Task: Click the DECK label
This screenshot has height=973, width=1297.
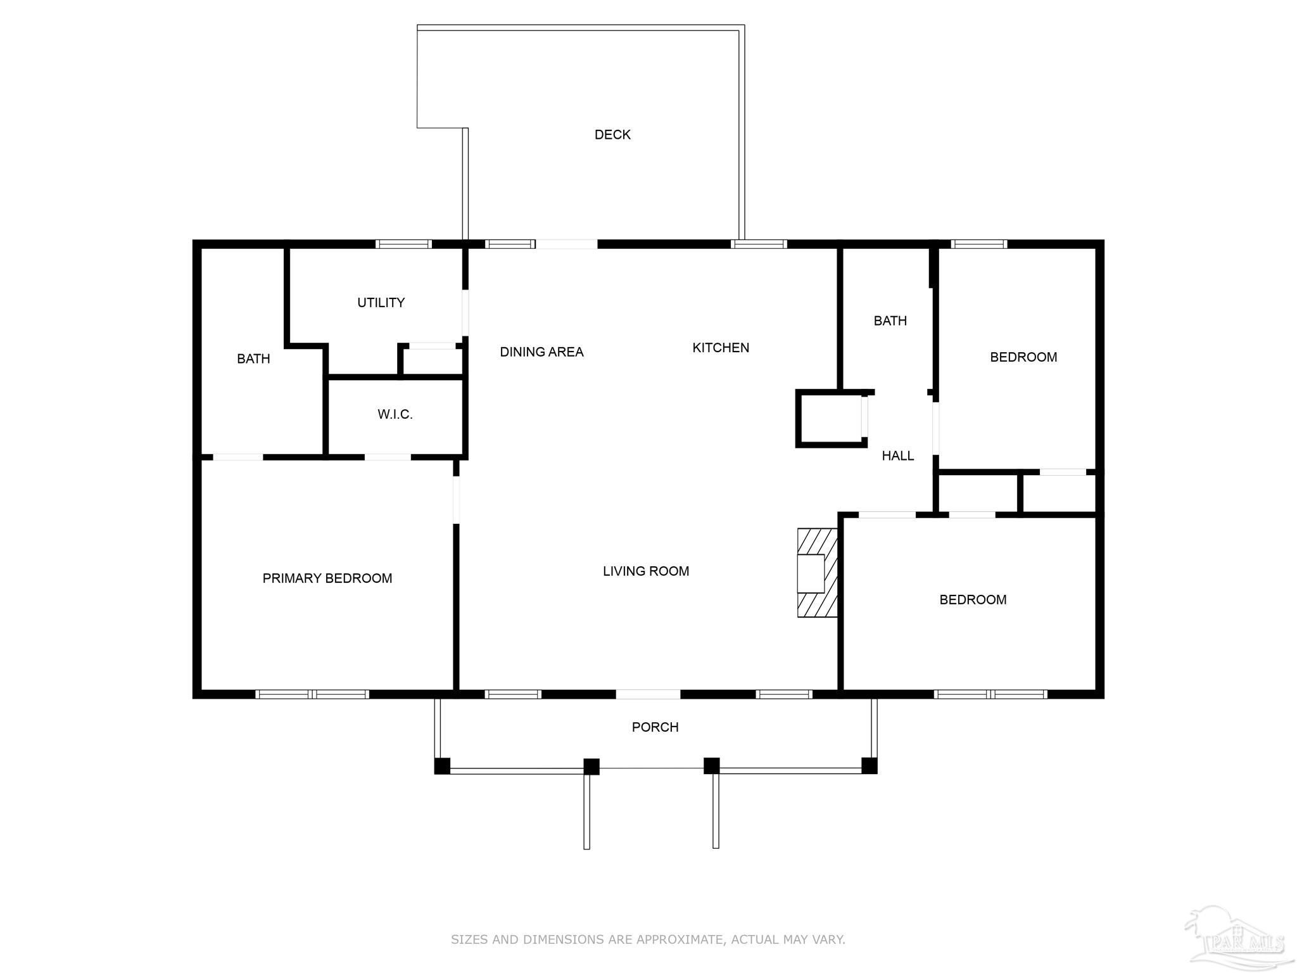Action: [x=612, y=134]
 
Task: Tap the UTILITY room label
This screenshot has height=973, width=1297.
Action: [x=381, y=303]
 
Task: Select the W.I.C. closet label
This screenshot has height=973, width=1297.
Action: [x=395, y=414]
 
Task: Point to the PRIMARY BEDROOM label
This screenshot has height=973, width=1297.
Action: [x=327, y=578]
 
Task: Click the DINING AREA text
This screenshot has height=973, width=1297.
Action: [x=541, y=352]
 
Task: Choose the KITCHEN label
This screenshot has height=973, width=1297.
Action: [x=721, y=348]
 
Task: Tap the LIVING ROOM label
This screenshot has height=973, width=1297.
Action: [x=646, y=571]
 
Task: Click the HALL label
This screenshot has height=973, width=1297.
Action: [x=898, y=455]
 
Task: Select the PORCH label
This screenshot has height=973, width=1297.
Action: [x=655, y=727]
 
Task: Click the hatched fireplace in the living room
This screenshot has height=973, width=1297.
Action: [x=818, y=573]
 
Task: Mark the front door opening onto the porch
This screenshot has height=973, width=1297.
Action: [x=648, y=694]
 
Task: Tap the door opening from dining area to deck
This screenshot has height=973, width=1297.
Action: [x=566, y=244]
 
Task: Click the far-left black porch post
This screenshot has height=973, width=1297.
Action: [x=442, y=766]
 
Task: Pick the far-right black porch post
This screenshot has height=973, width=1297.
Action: [x=870, y=766]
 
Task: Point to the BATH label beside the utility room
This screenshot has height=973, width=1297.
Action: [x=253, y=359]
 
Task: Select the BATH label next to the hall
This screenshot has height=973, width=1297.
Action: [x=890, y=321]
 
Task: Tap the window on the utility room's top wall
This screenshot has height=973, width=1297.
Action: [x=403, y=244]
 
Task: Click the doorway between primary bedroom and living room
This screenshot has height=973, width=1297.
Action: [x=456, y=499]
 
